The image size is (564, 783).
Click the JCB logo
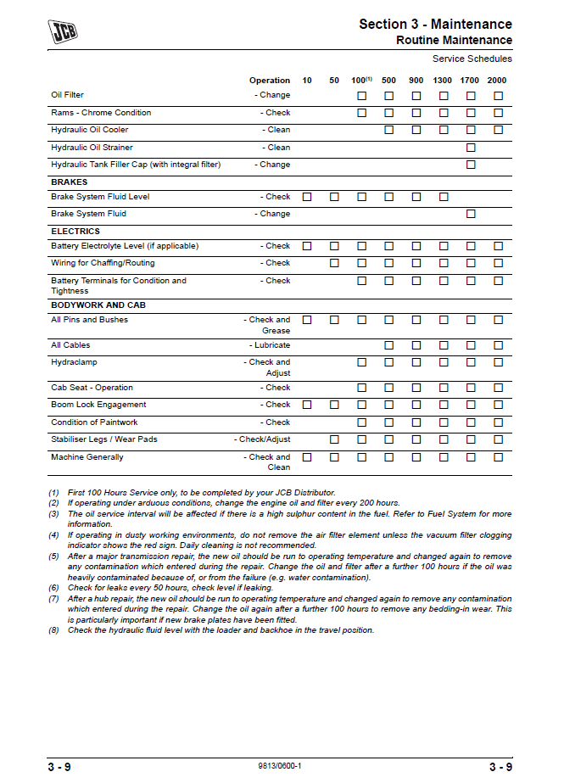(x=62, y=32)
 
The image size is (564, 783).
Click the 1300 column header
(x=443, y=81)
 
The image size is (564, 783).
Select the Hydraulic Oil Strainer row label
(x=92, y=148)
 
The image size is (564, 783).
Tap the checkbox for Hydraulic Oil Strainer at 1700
(x=471, y=148)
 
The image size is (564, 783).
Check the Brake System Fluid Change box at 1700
(x=471, y=214)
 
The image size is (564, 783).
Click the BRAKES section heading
(x=70, y=182)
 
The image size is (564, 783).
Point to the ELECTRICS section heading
(x=75, y=232)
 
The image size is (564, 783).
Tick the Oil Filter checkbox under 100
(x=361, y=96)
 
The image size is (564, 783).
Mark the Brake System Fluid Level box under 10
(x=307, y=197)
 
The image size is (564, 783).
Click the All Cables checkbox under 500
(x=388, y=345)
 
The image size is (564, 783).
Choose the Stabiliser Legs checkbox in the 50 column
(x=334, y=439)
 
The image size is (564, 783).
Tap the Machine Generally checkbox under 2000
(x=498, y=457)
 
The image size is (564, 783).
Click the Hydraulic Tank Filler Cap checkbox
(x=471, y=165)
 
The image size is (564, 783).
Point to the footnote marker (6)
(x=54, y=587)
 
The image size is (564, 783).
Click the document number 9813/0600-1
(x=280, y=766)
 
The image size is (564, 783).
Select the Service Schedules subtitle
(x=472, y=59)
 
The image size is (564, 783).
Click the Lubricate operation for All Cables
(x=271, y=345)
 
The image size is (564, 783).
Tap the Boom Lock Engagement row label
(x=98, y=405)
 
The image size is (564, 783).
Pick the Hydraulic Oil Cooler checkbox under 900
(x=416, y=130)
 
